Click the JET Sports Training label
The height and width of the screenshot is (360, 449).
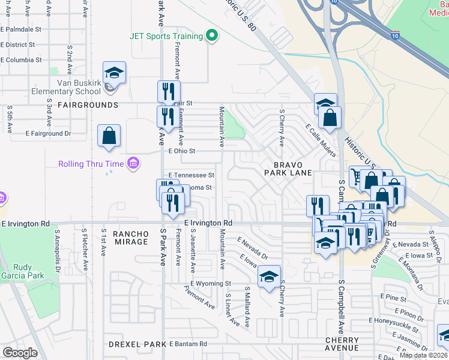click(166, 35)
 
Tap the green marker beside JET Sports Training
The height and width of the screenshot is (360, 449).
click(211, 36)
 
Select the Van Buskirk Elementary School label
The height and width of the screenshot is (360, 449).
click(78, 87)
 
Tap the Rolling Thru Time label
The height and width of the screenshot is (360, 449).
click(91, 164)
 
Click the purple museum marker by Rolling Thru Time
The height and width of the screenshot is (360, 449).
click(133, 164)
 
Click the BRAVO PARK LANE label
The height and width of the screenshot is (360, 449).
click(289, 169)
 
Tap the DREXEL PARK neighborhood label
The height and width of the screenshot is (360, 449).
click(137, 344)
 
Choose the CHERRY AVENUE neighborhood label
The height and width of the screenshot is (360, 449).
click(342, 344)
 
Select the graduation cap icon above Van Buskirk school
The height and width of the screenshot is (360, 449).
click(114, 73)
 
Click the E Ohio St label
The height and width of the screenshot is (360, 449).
click(182, 151)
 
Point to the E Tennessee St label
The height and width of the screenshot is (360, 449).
click(191, 175)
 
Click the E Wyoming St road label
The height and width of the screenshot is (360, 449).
click(211, 283)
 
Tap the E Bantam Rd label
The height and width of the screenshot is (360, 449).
click(188, 344)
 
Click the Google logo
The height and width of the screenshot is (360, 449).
click(20, 353)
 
